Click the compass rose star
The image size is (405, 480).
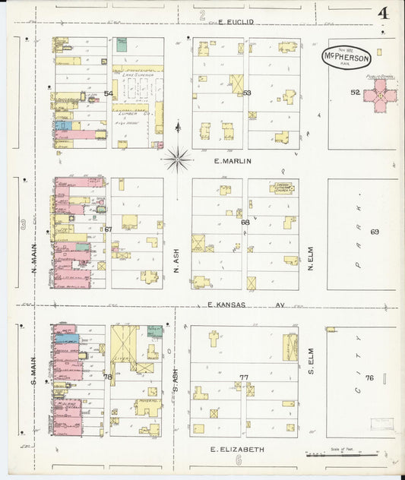177,159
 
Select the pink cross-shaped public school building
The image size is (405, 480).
379,96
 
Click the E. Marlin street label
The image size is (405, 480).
233,161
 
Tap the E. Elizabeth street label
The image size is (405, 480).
237,449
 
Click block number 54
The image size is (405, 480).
109,94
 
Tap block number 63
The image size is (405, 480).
246,93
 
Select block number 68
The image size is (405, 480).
245,222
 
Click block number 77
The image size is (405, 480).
243,377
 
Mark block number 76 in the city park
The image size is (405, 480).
369,377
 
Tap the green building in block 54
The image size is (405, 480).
122,45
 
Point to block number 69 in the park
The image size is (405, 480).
374,231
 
